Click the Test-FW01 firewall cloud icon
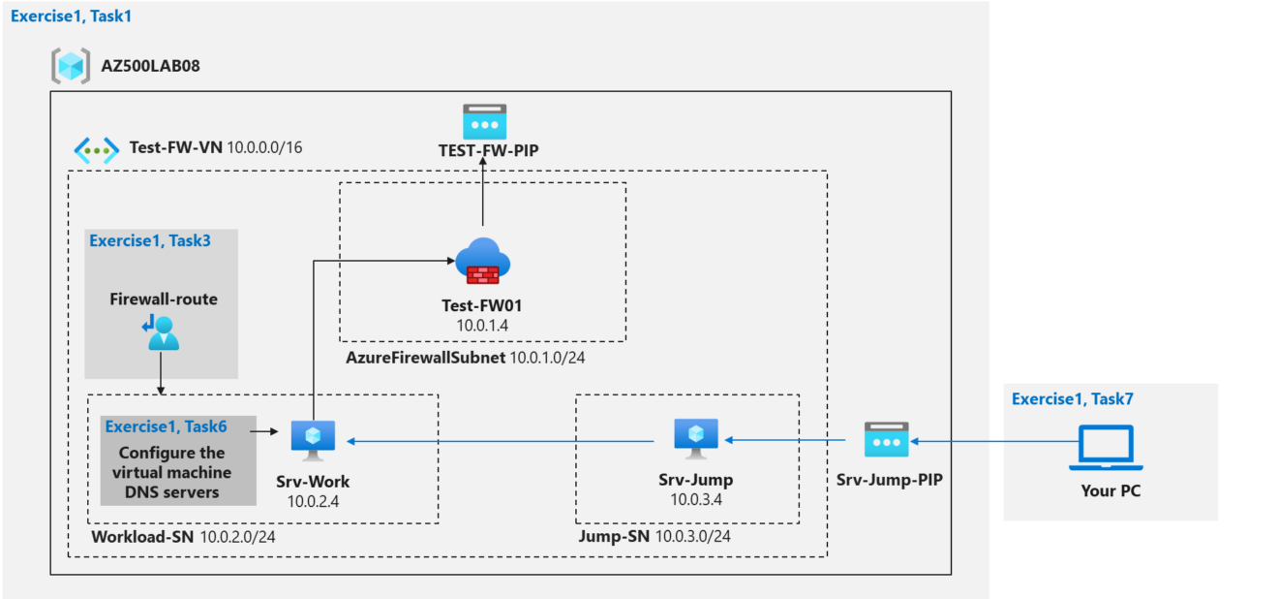tap(482, 261)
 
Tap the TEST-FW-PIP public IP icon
tap(483, 121)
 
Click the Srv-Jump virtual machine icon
tap(696, 438)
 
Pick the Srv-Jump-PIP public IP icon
tap(886, 439)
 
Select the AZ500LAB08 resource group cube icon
tap(71, 66)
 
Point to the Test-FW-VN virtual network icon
tap(97, 149)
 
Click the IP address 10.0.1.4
tap(482, 326)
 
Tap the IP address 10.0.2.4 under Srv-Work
tap(314, 501)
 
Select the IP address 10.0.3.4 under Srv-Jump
tap(697, 499)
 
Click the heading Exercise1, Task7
tap(1074, 398)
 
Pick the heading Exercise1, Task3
tap(150, 241)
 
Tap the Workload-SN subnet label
tap(142, 536)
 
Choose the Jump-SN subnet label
tap(614, 536)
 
